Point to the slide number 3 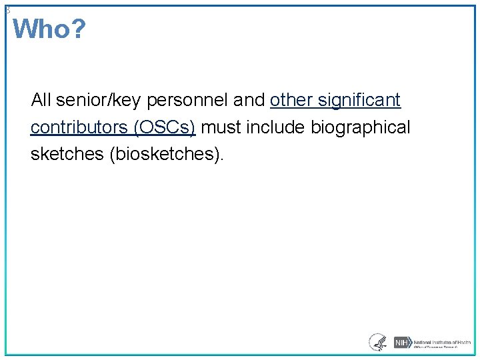[x=7, y=10]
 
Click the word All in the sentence [x=41, y=100]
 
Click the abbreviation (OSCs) [x=164, y=127]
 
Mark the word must [x=221, y=127]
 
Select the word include [x=275, y=127]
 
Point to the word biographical [x=361, y=127]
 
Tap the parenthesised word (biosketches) [x=168, y=155]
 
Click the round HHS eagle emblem [x=378, y=342]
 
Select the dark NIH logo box [x=401, y=343]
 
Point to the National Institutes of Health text [x=441, y=341]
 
